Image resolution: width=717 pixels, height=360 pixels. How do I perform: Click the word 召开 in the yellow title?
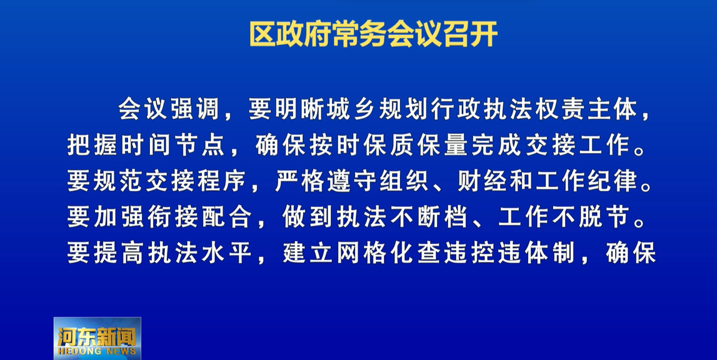[x=470, y=34]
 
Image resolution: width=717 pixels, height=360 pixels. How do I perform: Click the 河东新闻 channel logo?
[x=97, y=338]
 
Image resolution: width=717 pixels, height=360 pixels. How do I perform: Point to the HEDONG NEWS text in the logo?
[x=97, y=351]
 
